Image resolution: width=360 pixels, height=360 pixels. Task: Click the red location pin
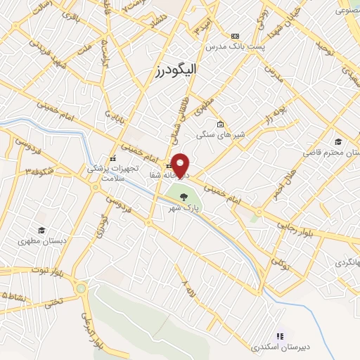(181, 165)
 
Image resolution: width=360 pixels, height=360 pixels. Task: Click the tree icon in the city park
(184, 197)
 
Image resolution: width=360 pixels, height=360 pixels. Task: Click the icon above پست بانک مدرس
(235, 35)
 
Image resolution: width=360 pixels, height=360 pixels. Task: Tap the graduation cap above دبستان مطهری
(41, 230)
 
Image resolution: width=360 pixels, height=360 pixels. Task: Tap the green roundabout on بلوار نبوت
(82, 288)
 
